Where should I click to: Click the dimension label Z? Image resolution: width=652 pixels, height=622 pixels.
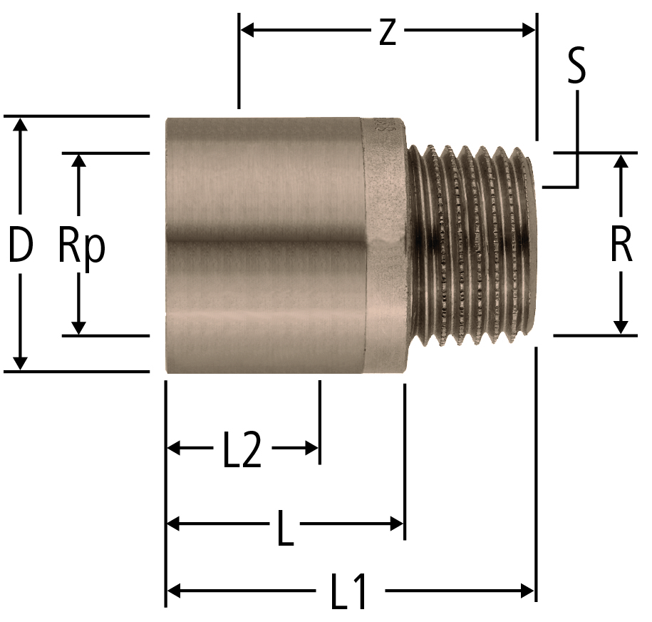[x=388, y=33]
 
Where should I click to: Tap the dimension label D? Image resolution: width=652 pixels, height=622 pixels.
[x=21, y=246]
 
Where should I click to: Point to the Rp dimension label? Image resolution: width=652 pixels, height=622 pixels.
[x=81, y=248]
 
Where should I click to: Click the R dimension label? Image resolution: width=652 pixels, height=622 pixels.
[x=621, y=246]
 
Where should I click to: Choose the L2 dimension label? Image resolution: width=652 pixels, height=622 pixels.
[x=242, y=450]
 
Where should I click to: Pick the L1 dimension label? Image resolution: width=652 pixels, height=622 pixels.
[x=348, y=591]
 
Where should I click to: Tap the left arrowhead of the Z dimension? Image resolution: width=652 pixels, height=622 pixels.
[x=248, y=30]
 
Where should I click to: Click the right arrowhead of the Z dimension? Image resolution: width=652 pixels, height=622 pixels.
[x=528, y=31]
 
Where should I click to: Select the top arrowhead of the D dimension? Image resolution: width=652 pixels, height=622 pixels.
[x=21, y=125]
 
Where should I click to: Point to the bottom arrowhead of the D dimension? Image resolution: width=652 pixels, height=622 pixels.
[x=21, y=363]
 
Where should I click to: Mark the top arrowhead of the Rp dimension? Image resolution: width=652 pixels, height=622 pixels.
[x=78, y=161]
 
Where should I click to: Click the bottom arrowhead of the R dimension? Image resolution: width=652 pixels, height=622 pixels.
[x=621, y=327]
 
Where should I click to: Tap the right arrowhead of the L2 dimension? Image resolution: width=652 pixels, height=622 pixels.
[x=312, y=449]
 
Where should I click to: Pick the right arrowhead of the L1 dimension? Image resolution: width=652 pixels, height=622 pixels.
[x=527, y=591]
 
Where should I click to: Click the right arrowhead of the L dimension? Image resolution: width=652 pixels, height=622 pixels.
[x=397, y=524]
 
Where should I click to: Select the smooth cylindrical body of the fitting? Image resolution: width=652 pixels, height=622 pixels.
[x=264, y=245]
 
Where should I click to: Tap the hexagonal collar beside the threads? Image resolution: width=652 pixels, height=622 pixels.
[x=385, y=245]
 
